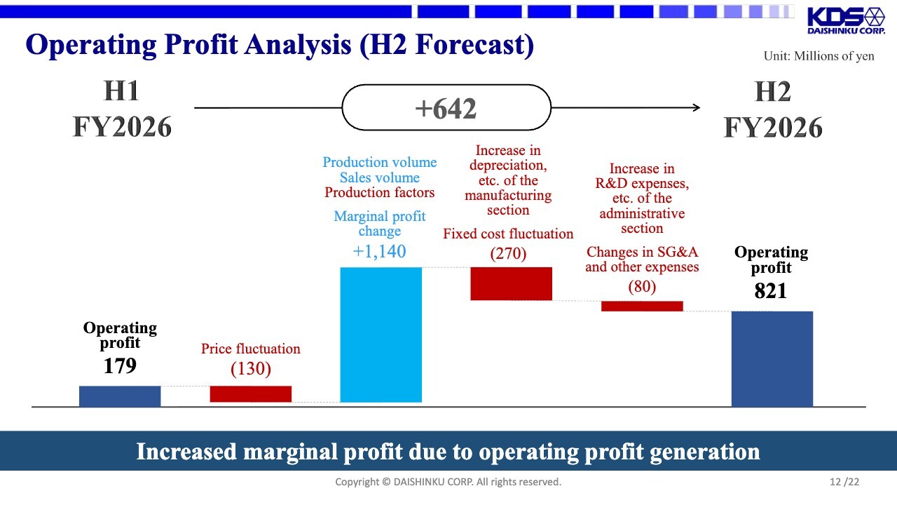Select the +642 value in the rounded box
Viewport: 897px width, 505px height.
[446, 109]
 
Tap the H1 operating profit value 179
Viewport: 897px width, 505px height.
[120, 365]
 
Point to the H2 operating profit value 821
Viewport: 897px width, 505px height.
[771, 290]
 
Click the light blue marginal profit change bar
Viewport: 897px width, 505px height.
[381, 335]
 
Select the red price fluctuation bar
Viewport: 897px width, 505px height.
[250, 393]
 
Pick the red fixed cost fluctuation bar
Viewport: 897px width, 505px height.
[511, 283]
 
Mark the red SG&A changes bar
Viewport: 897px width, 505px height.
[642, 306]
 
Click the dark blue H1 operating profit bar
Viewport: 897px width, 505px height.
[120, 396]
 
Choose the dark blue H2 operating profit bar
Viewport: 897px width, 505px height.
[772, 358]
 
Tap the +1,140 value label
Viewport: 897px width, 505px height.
[379, 252]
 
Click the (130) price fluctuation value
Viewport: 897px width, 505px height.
[250, 368]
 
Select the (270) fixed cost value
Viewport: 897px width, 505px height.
[508, 253]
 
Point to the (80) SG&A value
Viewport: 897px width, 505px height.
[642, 286]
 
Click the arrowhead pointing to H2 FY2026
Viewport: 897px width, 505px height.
[696, 107]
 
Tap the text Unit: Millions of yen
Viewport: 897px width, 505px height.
[819, 56]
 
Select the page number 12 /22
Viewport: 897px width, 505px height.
[844, 482]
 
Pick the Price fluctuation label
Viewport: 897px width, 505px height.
[250, 349]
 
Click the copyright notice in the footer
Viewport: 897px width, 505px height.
[448, 482]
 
